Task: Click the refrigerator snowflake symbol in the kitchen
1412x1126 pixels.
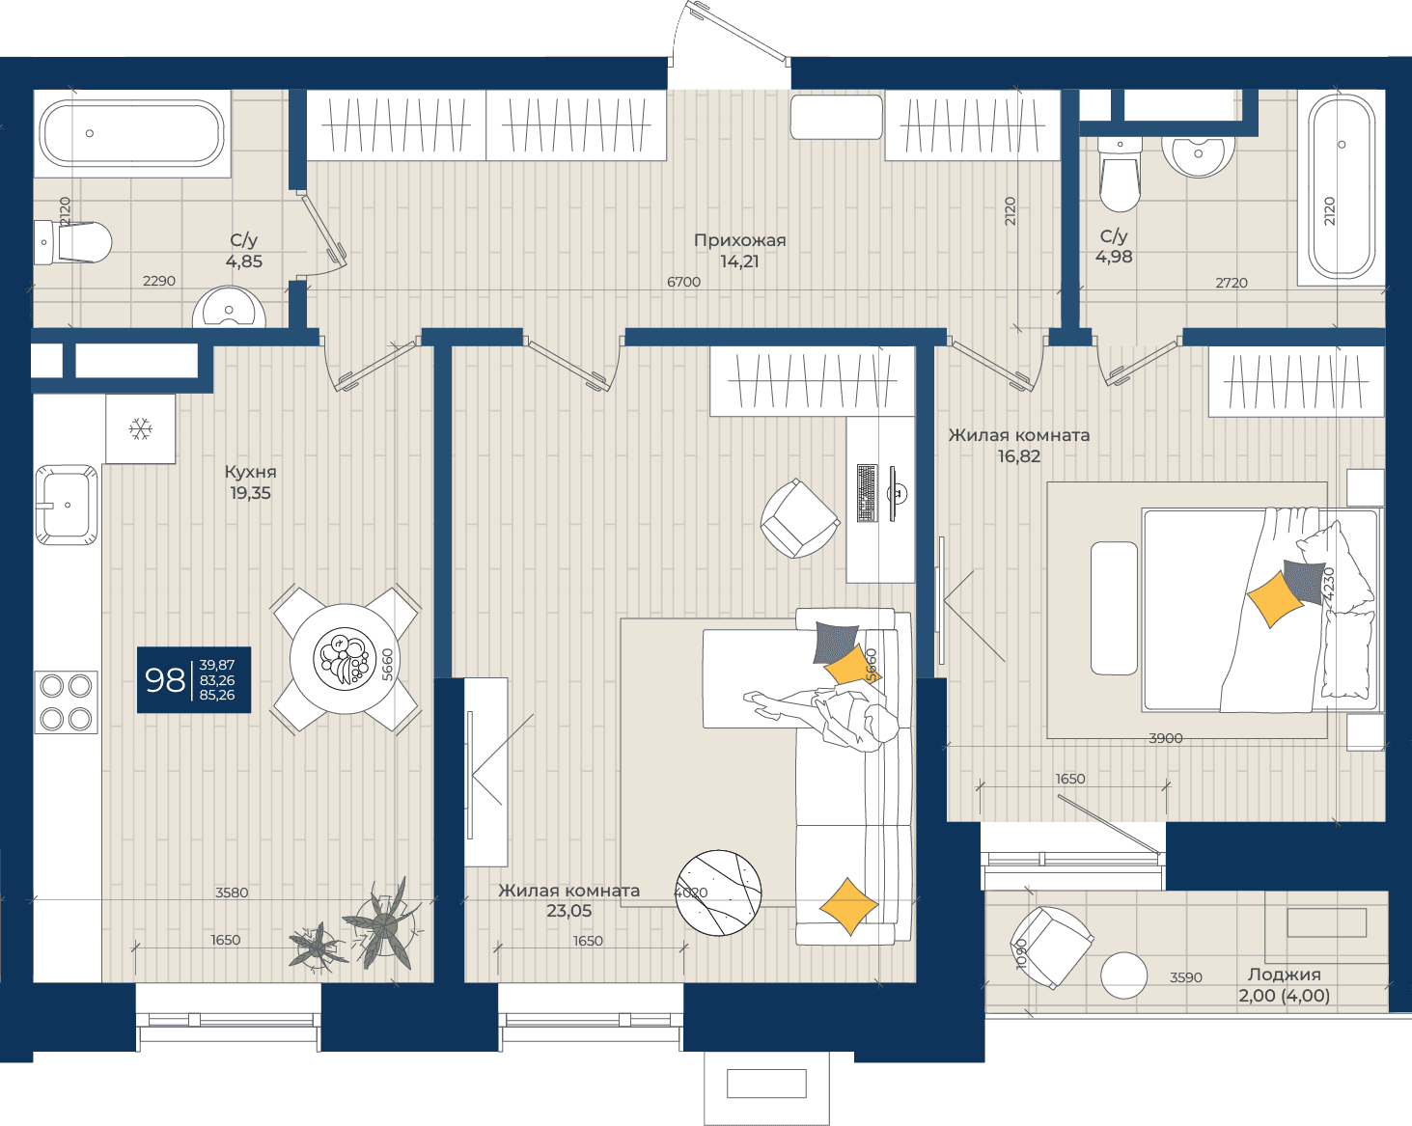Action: (x=140, y=429)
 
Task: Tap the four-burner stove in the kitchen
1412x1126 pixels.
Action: (x=67, y=702)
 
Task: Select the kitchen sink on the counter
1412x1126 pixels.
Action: (x=67, y=505)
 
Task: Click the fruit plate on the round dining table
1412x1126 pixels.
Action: (x=345, y=658)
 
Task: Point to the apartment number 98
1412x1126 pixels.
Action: (x=165, y=680)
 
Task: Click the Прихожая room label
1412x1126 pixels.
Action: (x=739, y=240)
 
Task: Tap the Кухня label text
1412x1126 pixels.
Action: (x=250, y=472)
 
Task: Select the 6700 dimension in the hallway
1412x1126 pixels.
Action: (x=683, y=282)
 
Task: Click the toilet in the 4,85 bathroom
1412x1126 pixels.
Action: (x=72, y=242)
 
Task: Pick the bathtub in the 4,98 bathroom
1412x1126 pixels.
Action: (x=1342, y=186)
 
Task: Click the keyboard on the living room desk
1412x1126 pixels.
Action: (x=867, y=493)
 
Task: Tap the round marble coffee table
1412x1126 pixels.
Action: (x=718, y=893)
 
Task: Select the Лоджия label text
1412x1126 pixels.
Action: (x=1284, y=975)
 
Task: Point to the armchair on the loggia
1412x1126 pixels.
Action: (x=1051, y=947)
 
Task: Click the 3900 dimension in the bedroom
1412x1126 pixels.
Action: (x=1165, y=738)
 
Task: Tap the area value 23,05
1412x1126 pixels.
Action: (x=568, y=911)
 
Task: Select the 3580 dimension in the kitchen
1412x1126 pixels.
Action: (x=232, y=893)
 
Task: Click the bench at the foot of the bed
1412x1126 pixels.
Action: (x=1114, y=608)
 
